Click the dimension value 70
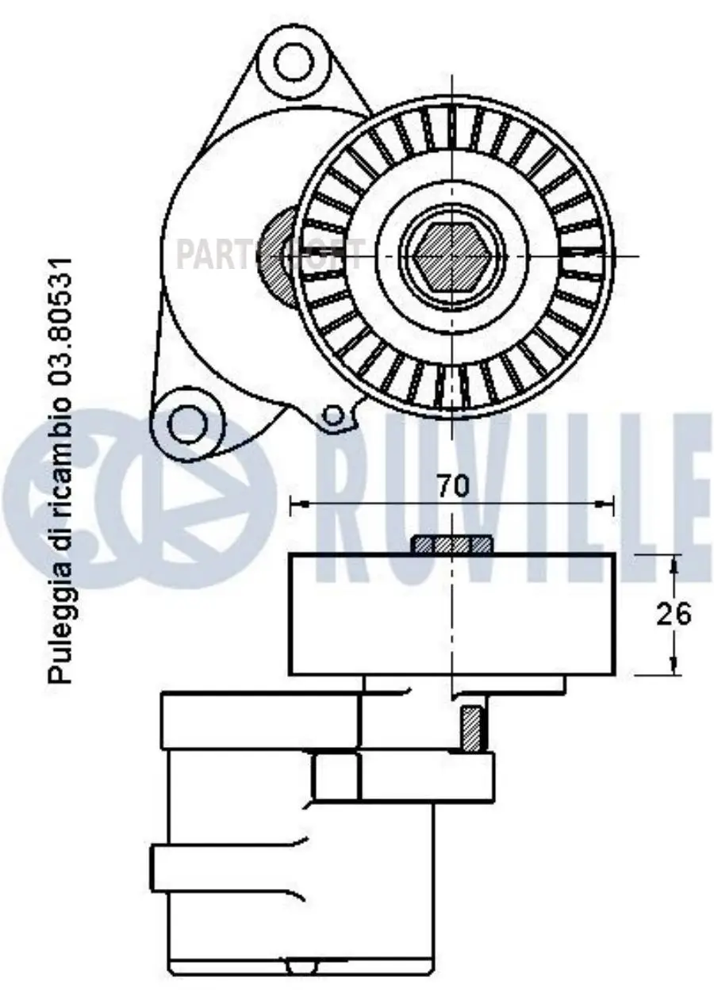(453, 486)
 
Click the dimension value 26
(674, 614)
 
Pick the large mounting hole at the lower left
(186, 418)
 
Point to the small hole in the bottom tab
(332, 414)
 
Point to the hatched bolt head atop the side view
(451, 545)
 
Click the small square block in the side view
(336, 776)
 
